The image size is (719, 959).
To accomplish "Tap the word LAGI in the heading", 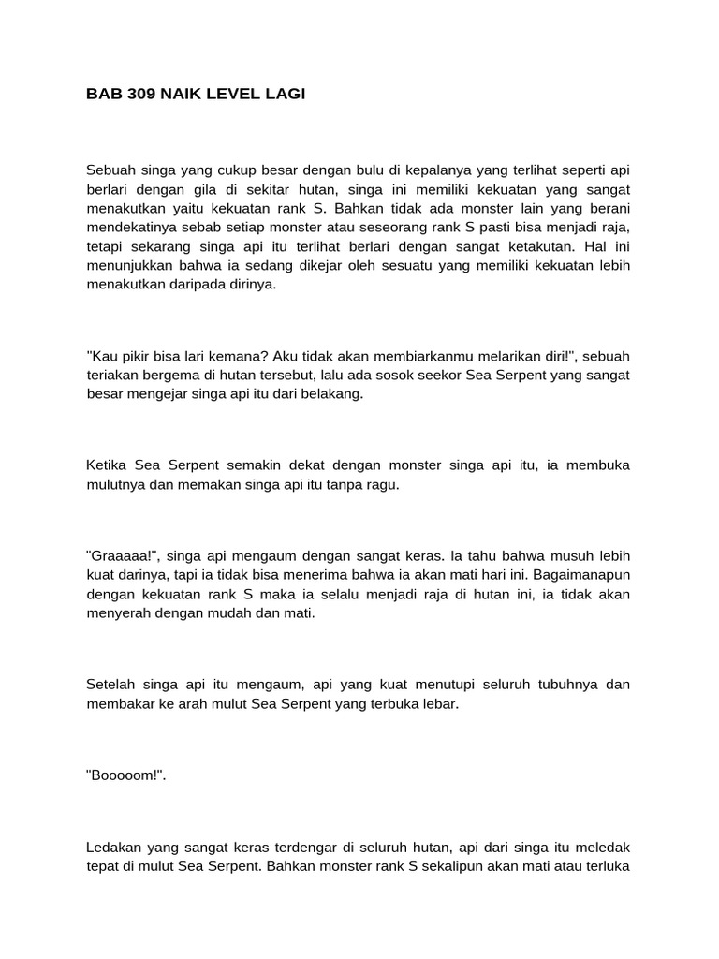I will tap(284, 94).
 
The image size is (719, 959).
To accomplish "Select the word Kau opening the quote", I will tap(101, 357).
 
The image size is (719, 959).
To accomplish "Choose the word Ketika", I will tap(107, 465).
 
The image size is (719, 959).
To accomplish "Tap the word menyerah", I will tap(118, 613).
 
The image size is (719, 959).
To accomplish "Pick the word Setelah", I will tap(110, 685).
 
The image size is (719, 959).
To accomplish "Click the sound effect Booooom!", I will tap(125, 775).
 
